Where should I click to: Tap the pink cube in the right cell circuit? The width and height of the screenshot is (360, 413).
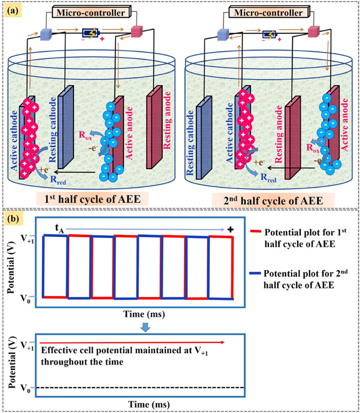(314, 32)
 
